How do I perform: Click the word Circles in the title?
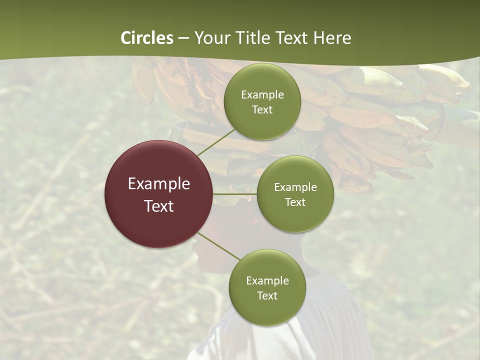click(x=147, y=38)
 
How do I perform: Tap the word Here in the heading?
click(x=332, y=38)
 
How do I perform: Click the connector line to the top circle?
click(x=216, y=142)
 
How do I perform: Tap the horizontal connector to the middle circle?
click(x=235, y=194)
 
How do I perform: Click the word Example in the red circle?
click(x=159, y=183)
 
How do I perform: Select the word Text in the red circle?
click(x=159, y=205)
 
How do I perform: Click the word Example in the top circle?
click(x=262, y=94)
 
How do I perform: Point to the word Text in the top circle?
click(x=262, y=109)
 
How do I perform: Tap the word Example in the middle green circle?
click(x=295, y=187)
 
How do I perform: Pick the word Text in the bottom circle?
click(x=267, y=295)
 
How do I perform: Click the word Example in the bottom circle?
click(x=267, y=280)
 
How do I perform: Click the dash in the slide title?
click(x=183, y=38)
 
